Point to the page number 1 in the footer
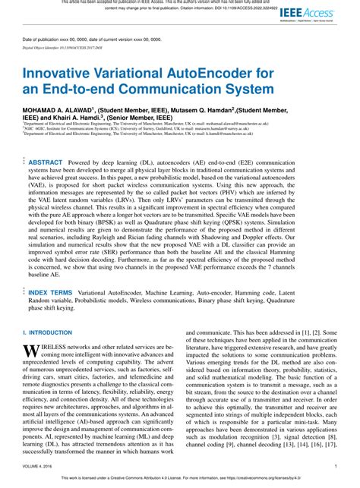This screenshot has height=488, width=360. (335, 467)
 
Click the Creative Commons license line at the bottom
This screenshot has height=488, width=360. (180, 479)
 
